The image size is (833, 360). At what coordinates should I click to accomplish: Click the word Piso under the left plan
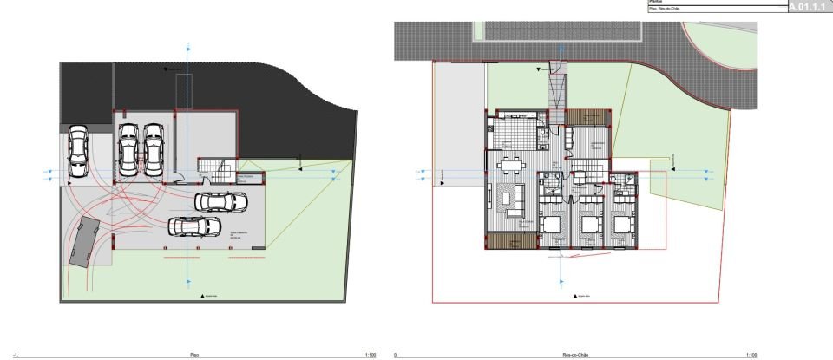[194, 356]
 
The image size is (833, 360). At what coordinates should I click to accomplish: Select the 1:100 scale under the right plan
[751, 356]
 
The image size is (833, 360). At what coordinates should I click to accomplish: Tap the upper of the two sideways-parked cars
[221, 202]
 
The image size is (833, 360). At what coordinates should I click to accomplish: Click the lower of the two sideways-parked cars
[195, 226]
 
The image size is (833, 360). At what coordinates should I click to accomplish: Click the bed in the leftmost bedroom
[551, 227]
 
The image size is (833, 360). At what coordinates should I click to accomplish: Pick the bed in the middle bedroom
[590, 226]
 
